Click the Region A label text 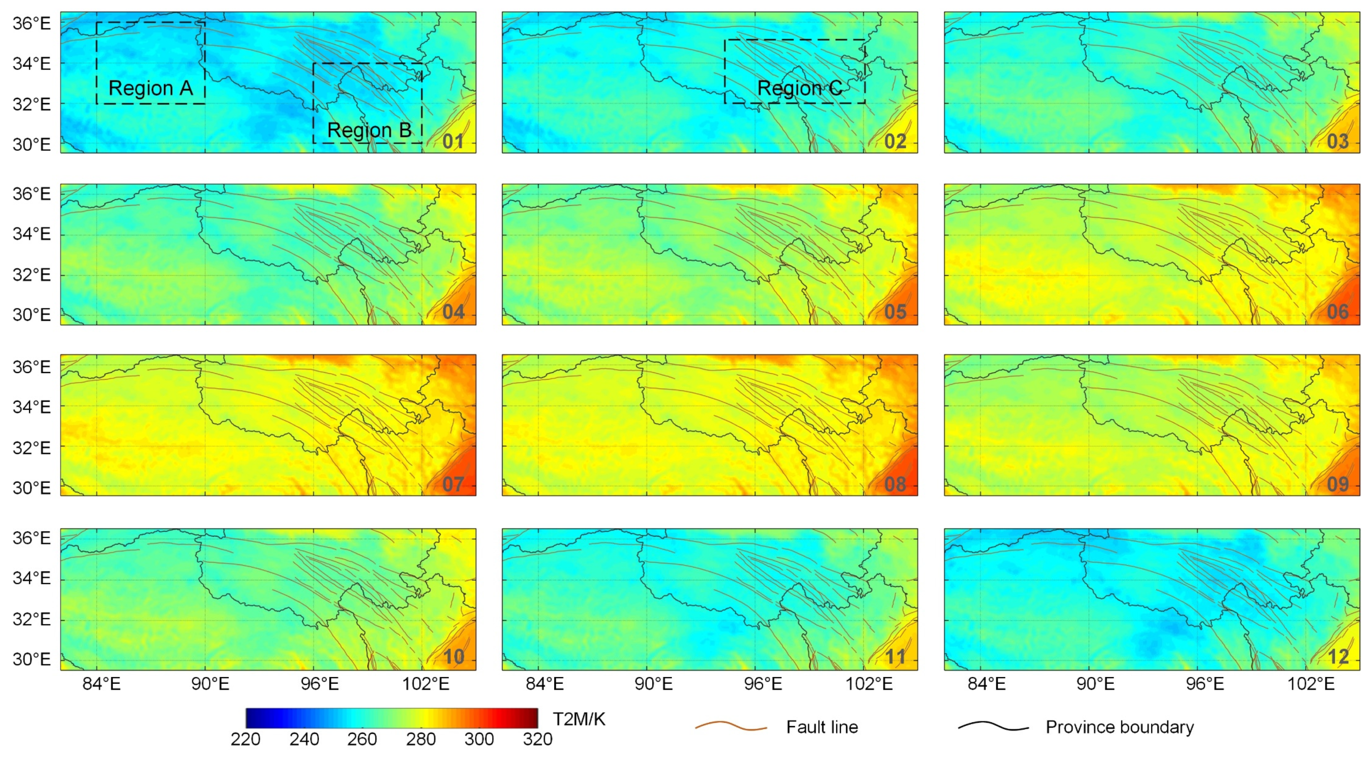pos(150,88)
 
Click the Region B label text pos(369,130)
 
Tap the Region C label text pos(799,88)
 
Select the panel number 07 pos(453,484)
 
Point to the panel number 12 pos(1338,657)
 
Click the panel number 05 pos(895,312)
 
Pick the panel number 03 pos(1338,142)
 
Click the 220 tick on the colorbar pos(245,739)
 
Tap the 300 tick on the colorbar pos(479,739)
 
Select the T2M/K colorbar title pos(579,719)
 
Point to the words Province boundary pos(1120,727)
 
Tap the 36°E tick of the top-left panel pos(31,24)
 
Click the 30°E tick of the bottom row pos(31,660)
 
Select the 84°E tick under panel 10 pos(101,683)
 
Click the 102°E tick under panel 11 pos(869,683)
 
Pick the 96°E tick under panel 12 pos(1205,683)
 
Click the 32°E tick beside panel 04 pos(31,275)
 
